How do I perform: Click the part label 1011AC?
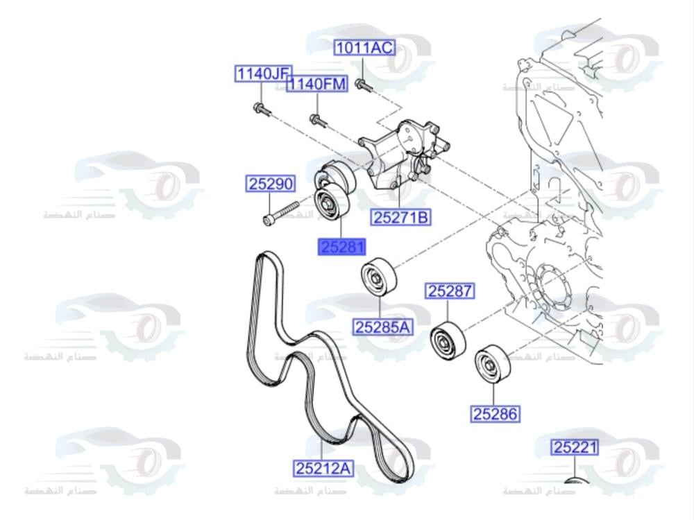tap(364, 48)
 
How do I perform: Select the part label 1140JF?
tap(263, 73)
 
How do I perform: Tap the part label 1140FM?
tap(317, 85)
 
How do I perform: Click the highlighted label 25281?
tap(341, 246)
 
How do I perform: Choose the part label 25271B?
tap(401, 218)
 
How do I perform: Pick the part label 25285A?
tap(383, 326)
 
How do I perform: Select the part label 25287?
tap(450, 291)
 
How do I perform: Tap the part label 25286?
tap(496, 414)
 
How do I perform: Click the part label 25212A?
tap(323, 469)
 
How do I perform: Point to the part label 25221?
tap(575, 447)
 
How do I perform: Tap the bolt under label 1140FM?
tap(317, 121)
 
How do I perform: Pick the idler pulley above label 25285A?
tap(378, 278)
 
